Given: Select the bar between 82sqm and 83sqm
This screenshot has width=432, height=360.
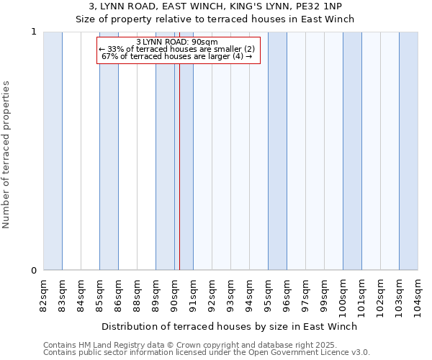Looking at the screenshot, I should point(53,151).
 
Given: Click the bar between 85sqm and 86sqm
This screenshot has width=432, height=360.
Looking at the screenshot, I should point(109,151).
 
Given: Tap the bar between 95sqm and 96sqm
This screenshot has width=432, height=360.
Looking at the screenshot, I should point(277,151).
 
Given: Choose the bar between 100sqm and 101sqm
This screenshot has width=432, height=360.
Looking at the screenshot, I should point(352,151).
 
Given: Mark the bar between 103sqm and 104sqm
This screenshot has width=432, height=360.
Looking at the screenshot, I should point(408,151).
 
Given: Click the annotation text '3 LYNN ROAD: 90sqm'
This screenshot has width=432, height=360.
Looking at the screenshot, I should point(176,42).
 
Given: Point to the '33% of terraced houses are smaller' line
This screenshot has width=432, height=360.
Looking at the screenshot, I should point(176,49).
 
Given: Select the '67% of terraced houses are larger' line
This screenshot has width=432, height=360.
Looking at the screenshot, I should point(176,56).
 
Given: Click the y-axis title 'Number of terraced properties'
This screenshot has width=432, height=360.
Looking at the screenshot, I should point(6,155).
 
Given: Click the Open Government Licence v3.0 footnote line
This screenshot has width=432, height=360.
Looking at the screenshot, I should point(207,353).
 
